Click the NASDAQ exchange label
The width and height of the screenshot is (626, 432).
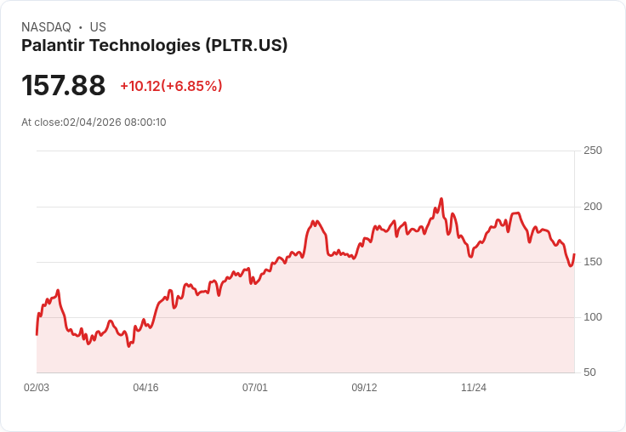pyautogui.click(x=46, y=27)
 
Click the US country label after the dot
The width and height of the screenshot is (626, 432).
pyautogui.click(x=98, y=27)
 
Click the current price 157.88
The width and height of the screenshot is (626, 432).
pyautogui.click(x=64, y=86)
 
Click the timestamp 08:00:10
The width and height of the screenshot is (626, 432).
pyautogui.click(x=145, y=122)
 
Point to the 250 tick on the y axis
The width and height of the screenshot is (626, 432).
pyautogui.click(x=593, y=151)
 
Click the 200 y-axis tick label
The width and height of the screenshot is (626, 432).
pyautogui.click(x=593, y=207)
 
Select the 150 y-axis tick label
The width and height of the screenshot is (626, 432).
pyautogui.click(x=593, y=262)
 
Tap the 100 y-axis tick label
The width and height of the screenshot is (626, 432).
pyautogui.click(x=593, y=317)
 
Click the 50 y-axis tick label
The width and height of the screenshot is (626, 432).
pyautogui.click(x=589, y=372)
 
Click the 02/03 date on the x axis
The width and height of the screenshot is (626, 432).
pyautogui.click(x=37, y=388)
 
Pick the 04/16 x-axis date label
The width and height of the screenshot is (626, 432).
pyautogui.click(x=145, y=388)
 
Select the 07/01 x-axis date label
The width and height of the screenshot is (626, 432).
pyautogui.click(x=255, y=388)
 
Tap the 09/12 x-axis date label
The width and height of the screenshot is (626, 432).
pyautogui.click(x=364, y=388)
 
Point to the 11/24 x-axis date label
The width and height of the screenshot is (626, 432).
pyautogui.click(x=474, y=388)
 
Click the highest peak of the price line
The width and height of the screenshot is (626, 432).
pyautogui.click(x=441, y=199)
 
